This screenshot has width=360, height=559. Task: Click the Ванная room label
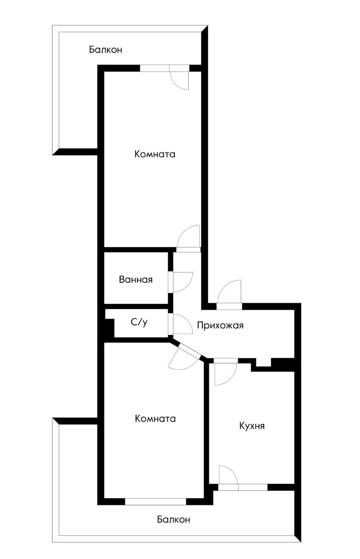[135, 279]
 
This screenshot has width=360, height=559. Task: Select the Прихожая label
[220, 325]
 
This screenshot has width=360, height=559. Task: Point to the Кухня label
[252, 426]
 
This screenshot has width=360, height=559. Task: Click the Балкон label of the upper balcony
[105, 49]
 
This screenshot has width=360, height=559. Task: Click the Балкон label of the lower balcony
[173, 520]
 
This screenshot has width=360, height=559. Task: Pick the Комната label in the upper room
[155, 154]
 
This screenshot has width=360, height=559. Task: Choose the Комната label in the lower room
[155, 418]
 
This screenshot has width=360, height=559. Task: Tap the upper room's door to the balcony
[180, 79]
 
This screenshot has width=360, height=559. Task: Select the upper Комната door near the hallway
[189, 238]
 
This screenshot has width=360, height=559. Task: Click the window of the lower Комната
[156, 502]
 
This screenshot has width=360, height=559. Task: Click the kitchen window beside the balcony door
[252, 487]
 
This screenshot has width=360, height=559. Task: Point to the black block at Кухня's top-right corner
[283, 364]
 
